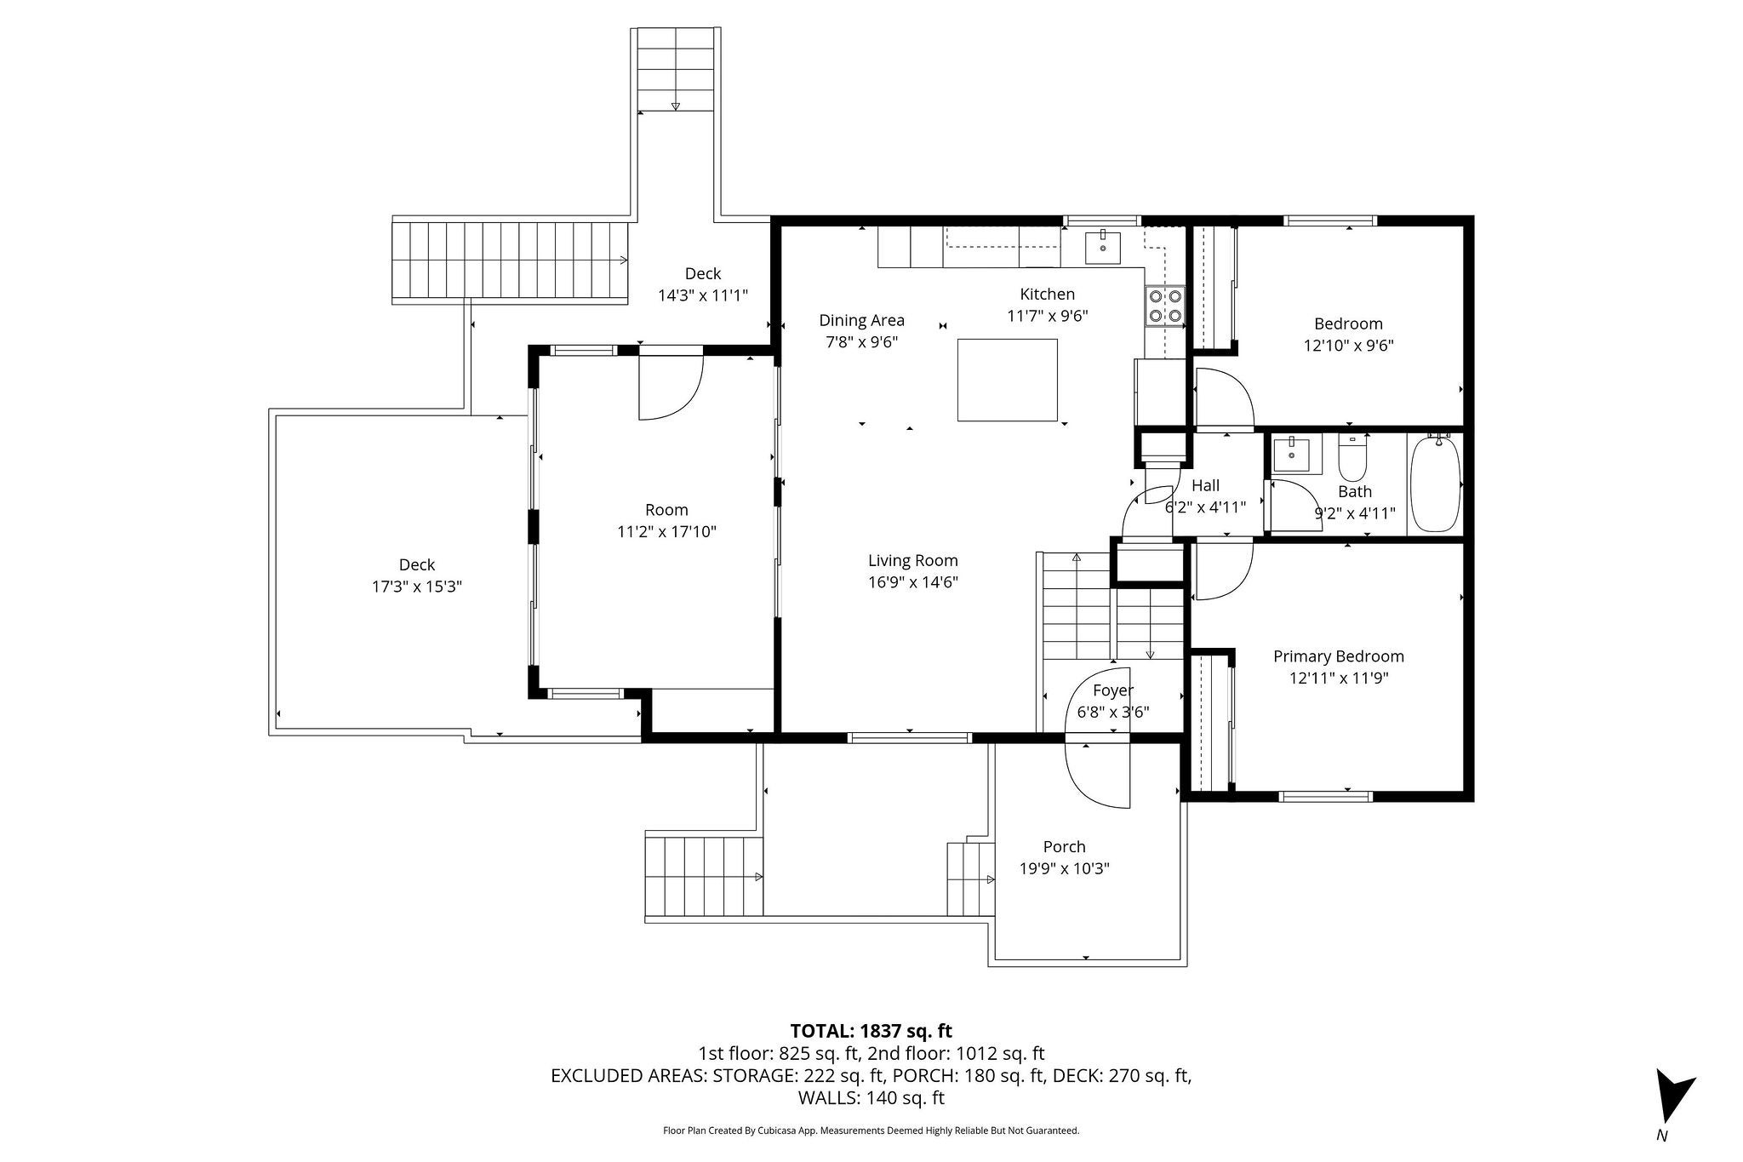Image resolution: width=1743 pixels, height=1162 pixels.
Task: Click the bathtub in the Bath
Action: [x=1435, y=484]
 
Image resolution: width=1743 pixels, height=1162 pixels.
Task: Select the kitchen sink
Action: [x=1103, y=246]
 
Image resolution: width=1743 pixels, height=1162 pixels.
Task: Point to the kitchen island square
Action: [x=1008, y=380]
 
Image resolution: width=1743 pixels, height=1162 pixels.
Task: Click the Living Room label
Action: [x=913, y=560]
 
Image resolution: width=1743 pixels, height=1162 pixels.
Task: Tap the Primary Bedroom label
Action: [x=1339, y=656]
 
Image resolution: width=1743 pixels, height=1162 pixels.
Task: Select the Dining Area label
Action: [x=861, y=320]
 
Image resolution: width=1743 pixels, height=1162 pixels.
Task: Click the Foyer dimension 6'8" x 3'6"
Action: [x=1113, y=713]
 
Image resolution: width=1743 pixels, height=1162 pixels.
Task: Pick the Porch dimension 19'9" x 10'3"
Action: [x=1065, y=869]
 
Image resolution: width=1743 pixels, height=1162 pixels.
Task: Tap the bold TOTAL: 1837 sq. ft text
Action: [x=871, y=1032]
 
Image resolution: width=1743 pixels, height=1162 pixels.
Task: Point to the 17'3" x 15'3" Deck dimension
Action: [x=417, y=587]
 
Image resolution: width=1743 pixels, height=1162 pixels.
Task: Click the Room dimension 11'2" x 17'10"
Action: [x=666, y=532]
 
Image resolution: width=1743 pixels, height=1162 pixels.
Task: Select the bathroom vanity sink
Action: [x=1297, y=455]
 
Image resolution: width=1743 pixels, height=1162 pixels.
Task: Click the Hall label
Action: [x=1205, y=485]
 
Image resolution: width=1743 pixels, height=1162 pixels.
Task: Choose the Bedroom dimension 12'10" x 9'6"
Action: [x=1349, y=346]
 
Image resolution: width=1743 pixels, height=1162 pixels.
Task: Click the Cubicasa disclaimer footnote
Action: [x=871, y=1131]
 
